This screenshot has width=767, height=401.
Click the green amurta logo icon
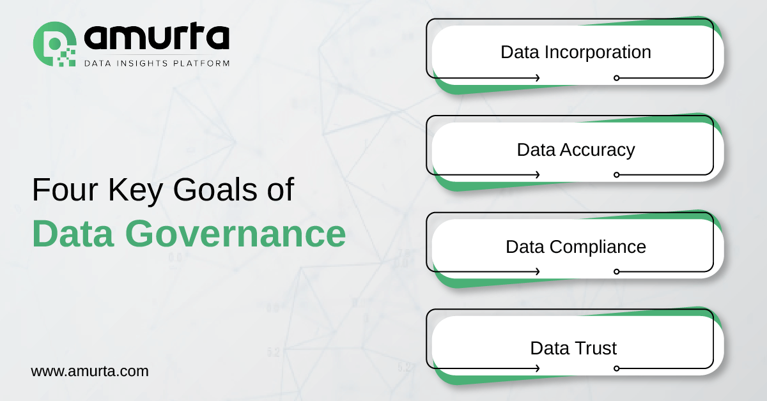point(54,44)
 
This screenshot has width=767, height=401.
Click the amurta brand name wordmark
point(157,36)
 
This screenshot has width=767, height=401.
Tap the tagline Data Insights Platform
point(157,63)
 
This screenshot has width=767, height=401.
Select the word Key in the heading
point(136,191)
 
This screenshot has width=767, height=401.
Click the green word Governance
point(236,234)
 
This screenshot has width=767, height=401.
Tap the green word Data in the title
point(73,234)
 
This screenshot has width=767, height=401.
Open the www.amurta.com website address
point(89,371)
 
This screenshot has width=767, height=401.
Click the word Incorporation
point(598,52)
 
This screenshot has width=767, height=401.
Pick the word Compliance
point(598,247)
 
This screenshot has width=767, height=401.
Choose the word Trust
point(595,348)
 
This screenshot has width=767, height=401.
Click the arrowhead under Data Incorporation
point(538,78)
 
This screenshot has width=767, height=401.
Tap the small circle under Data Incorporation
point(617,78)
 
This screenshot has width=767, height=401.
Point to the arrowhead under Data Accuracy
point(538,175)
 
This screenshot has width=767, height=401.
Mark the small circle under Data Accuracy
point(617,175)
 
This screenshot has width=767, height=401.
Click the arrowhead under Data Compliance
point(538,271)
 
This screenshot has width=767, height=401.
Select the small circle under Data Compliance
point(617,271)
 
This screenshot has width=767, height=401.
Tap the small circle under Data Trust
point(617,368)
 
